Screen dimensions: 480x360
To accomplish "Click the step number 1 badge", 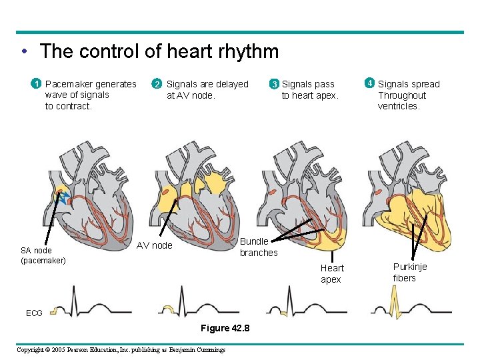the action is point(37,84).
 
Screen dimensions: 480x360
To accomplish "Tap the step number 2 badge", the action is point(157,84).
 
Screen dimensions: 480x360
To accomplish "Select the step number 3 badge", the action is point(273,85).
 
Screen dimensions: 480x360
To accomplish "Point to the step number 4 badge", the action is point(369,83).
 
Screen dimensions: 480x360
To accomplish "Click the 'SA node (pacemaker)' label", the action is point(43,255).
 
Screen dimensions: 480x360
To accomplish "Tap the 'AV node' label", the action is point(154,245).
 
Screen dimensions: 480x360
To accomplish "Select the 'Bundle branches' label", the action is point(258,247).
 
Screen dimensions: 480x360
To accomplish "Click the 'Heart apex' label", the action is point(332,274).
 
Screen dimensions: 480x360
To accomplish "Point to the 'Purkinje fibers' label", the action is point(410,273).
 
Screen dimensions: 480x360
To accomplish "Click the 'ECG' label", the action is point(34,313).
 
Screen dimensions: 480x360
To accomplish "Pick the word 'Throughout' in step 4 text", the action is point(401,95).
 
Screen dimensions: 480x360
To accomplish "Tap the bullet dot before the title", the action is point(23,52).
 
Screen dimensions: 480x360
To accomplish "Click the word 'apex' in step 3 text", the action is point(328,95).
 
